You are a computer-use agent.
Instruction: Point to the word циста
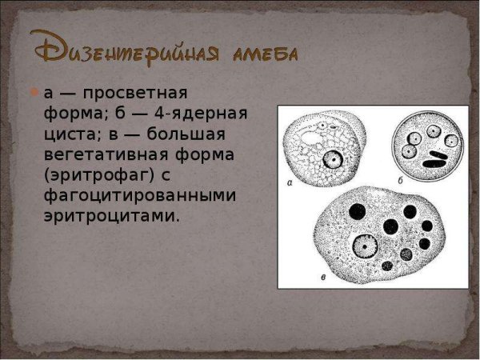(70, 133)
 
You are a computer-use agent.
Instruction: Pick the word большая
(186, 133)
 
